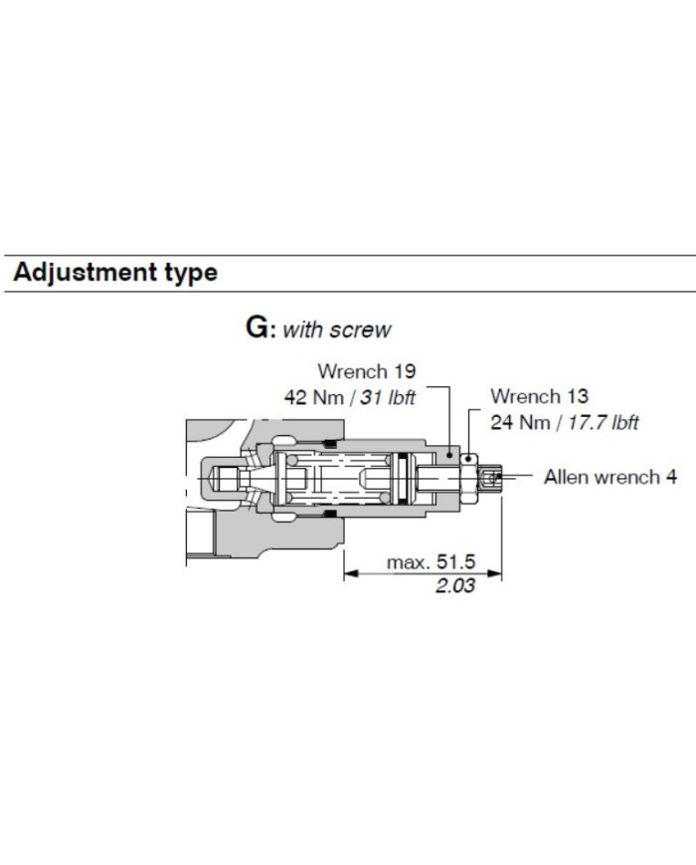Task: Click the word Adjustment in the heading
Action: coord(85,273)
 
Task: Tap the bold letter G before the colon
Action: coord(258,328)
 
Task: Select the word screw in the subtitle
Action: coord(360,329)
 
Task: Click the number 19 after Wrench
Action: coord(404,371)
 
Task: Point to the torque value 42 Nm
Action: coord(313,397)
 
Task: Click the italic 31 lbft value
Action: coord(388,397)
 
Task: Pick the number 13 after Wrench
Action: coord(577,396)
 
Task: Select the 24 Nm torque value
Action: coord(520,423)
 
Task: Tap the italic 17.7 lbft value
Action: coord(604,423)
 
